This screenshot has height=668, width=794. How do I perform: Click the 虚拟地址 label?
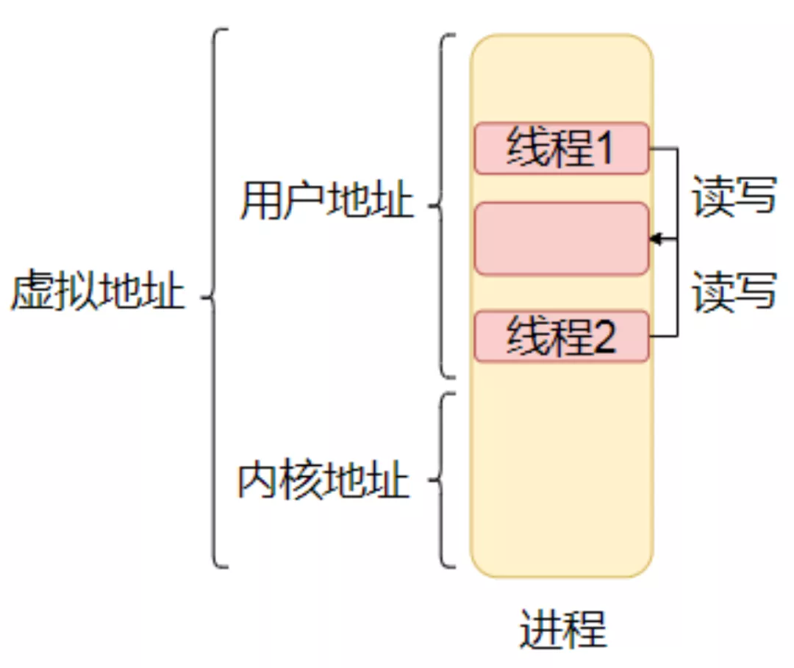point(97,292)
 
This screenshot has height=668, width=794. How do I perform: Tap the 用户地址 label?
point(326,201)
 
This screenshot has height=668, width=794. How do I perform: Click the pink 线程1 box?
point(562,148)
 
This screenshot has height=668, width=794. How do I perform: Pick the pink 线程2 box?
point(562,337)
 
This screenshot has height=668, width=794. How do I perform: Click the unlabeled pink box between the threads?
point(562,239)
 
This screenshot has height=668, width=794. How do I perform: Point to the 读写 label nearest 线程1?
point(734,196)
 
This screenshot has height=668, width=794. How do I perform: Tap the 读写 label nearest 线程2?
point(734,291)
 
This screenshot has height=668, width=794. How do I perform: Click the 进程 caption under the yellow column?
point(562,628)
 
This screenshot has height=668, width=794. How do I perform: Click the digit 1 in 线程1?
point(604,148)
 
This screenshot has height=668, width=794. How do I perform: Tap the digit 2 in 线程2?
point(604,337)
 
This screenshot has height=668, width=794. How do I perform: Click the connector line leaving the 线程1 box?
point(663,148)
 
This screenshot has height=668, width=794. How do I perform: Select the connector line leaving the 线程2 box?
point(663,337)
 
